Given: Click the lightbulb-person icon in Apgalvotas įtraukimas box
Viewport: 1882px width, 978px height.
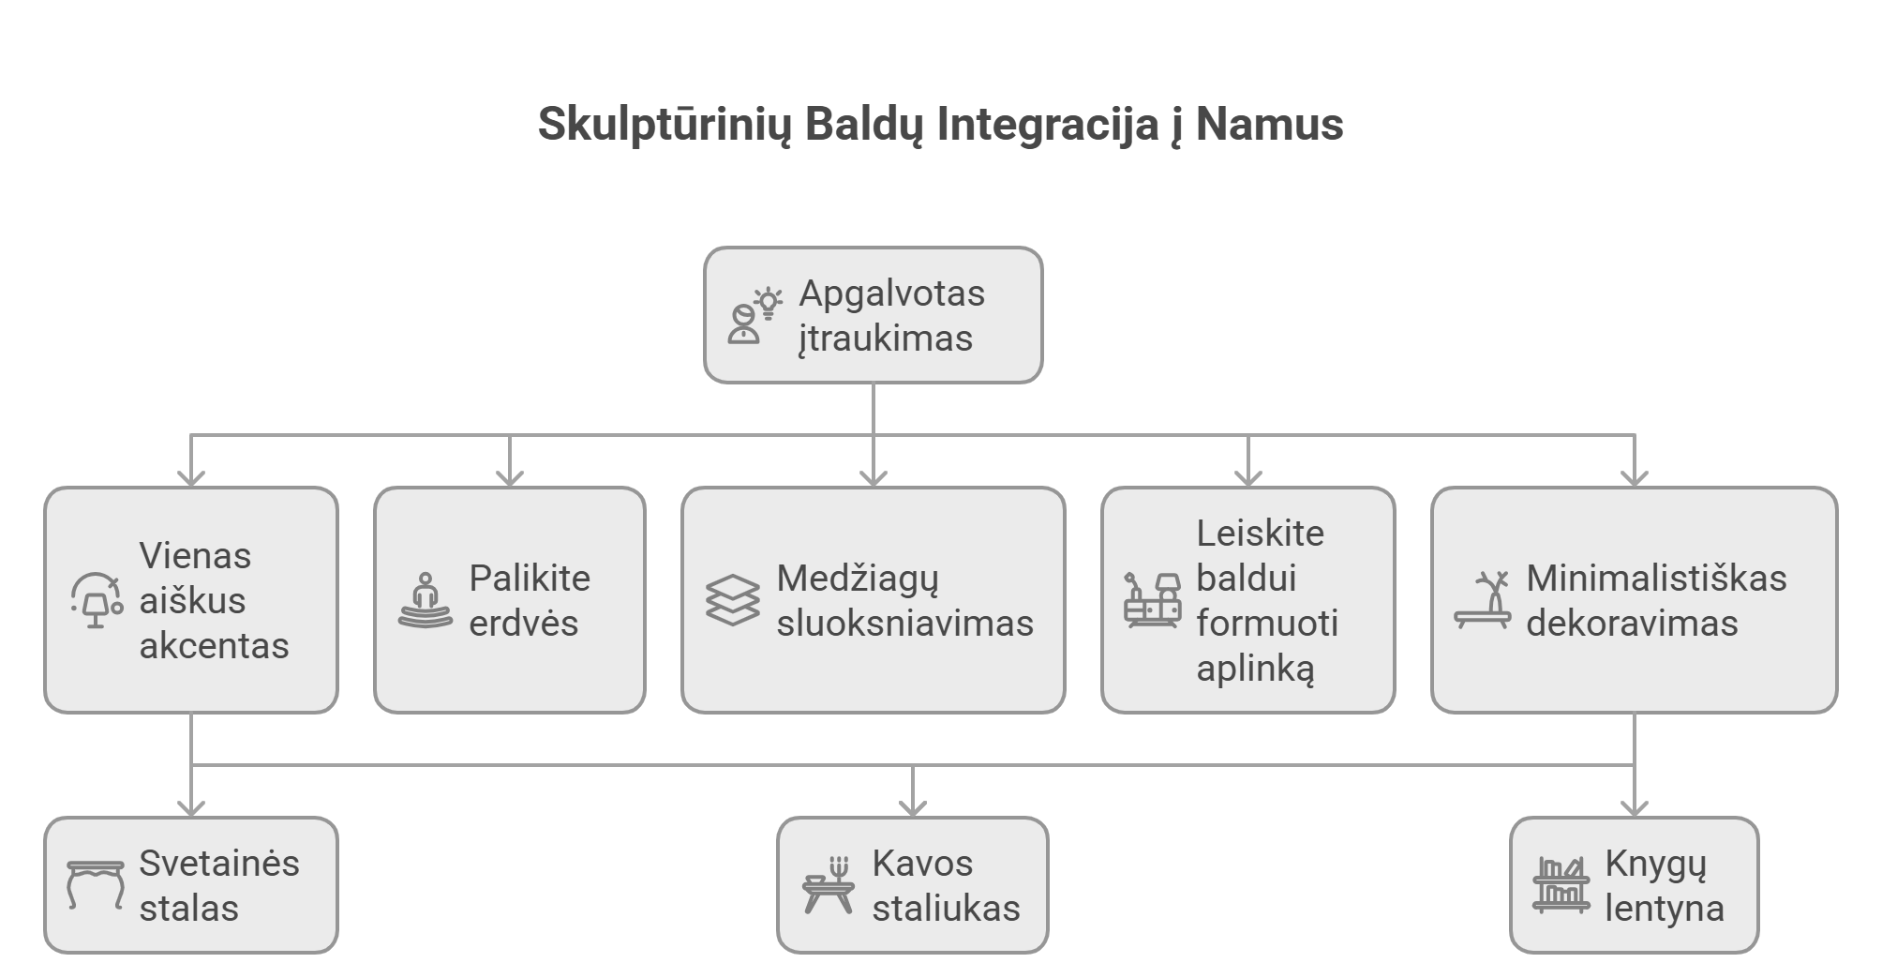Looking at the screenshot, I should (x=754, y=316).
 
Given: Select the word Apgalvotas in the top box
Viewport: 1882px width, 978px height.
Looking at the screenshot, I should (x=891, y=293).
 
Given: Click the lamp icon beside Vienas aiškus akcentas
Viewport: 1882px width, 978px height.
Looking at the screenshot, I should (x=97, y=601).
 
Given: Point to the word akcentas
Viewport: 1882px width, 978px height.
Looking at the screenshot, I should (x=214, y=646).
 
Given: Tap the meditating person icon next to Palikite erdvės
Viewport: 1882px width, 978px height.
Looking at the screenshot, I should (x=426, y=601).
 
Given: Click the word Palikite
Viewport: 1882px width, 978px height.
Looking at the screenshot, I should (x=530, y=579).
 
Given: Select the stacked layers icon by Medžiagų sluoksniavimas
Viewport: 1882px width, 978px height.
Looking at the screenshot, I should (x=732, y=601).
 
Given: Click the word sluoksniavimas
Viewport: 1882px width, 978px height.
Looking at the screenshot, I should (x=904, y=624).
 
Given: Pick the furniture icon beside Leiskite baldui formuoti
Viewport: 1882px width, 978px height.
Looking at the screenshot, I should (x=1152, y=601).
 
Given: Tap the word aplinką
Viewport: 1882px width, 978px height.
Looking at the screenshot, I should (x=1255, y=669).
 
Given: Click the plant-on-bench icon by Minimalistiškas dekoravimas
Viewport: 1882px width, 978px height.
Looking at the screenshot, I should (x=1483, y=601).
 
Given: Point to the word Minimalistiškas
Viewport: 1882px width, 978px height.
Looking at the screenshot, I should (x=1656, y=579).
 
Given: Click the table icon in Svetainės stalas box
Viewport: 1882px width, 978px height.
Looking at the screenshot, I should (x=96, y=885).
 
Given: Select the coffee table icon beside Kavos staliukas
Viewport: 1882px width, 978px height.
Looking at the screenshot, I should (x=829, y=885).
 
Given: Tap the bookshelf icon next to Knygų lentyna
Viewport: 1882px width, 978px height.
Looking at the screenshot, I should (x=1561, y=885).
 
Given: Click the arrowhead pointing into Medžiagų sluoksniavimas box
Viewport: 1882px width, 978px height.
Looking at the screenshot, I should (x=874, y=477).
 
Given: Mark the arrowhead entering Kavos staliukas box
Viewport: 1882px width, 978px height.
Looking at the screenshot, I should (x=913, y=807).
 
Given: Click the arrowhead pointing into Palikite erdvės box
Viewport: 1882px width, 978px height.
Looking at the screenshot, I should (x=510, y=477).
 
